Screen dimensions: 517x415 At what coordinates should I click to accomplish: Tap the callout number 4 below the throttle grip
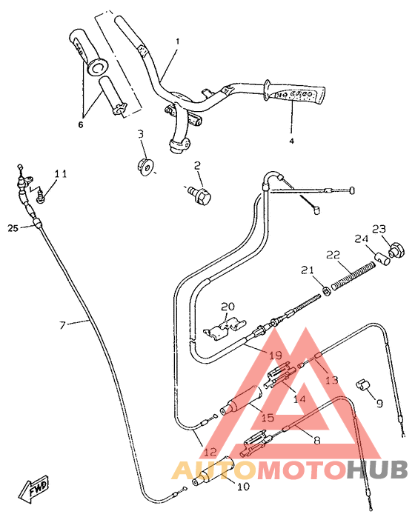point(291,140)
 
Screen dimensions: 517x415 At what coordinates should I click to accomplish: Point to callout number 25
point(13,227)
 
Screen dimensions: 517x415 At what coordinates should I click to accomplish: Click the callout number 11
point(61,174)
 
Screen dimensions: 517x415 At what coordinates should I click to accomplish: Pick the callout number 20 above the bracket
point(227,306)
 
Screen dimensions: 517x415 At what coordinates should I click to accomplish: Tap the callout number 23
point(379,228)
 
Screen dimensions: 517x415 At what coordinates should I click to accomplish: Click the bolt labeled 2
point(201,193)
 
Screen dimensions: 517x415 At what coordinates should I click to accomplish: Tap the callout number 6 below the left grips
point(82,125)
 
